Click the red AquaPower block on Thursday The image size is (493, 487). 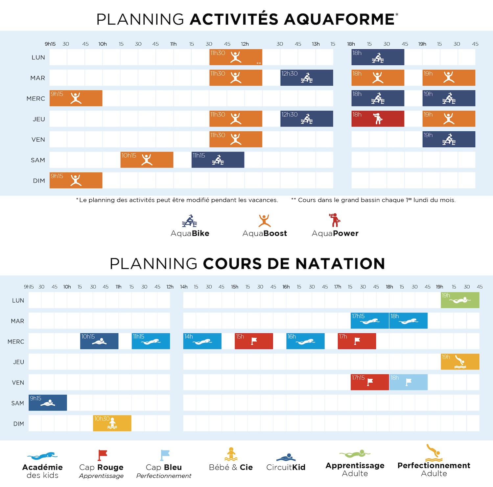[378, 119]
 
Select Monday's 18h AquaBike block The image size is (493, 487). [378, 57]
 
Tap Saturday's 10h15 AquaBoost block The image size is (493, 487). [147, 160]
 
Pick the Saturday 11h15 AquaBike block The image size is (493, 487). [218, 160]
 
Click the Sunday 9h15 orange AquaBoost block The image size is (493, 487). [76, 180]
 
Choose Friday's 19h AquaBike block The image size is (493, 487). [449, 139]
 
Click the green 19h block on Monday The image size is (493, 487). [460, 300]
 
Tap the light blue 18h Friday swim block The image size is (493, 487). [408, 382]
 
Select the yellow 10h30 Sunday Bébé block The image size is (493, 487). [112, 423]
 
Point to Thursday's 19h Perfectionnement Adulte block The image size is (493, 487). [460, 362]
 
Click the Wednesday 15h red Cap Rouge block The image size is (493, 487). [254, 341]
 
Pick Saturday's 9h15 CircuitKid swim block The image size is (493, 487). [48, 403]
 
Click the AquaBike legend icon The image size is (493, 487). [190, 221]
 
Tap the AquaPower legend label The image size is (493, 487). [335, 233]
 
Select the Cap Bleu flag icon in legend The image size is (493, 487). [165, 455]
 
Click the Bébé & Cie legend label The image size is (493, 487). [231, 467]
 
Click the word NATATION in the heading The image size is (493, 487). [340, 264]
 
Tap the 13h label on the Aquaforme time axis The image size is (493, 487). [316, 44]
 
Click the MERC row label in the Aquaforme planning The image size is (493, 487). [36, 99]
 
